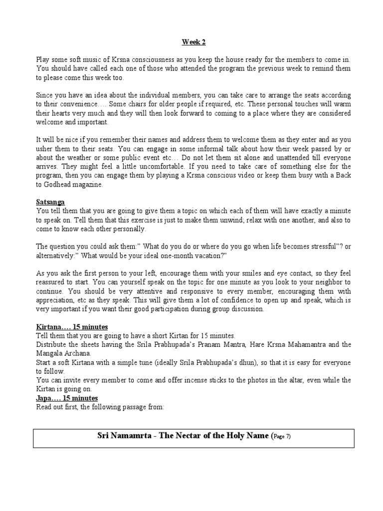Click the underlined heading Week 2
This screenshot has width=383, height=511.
pos(191,43)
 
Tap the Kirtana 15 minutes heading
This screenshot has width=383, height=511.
pos(72,327)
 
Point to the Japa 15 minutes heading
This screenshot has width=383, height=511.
pos(67,398)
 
